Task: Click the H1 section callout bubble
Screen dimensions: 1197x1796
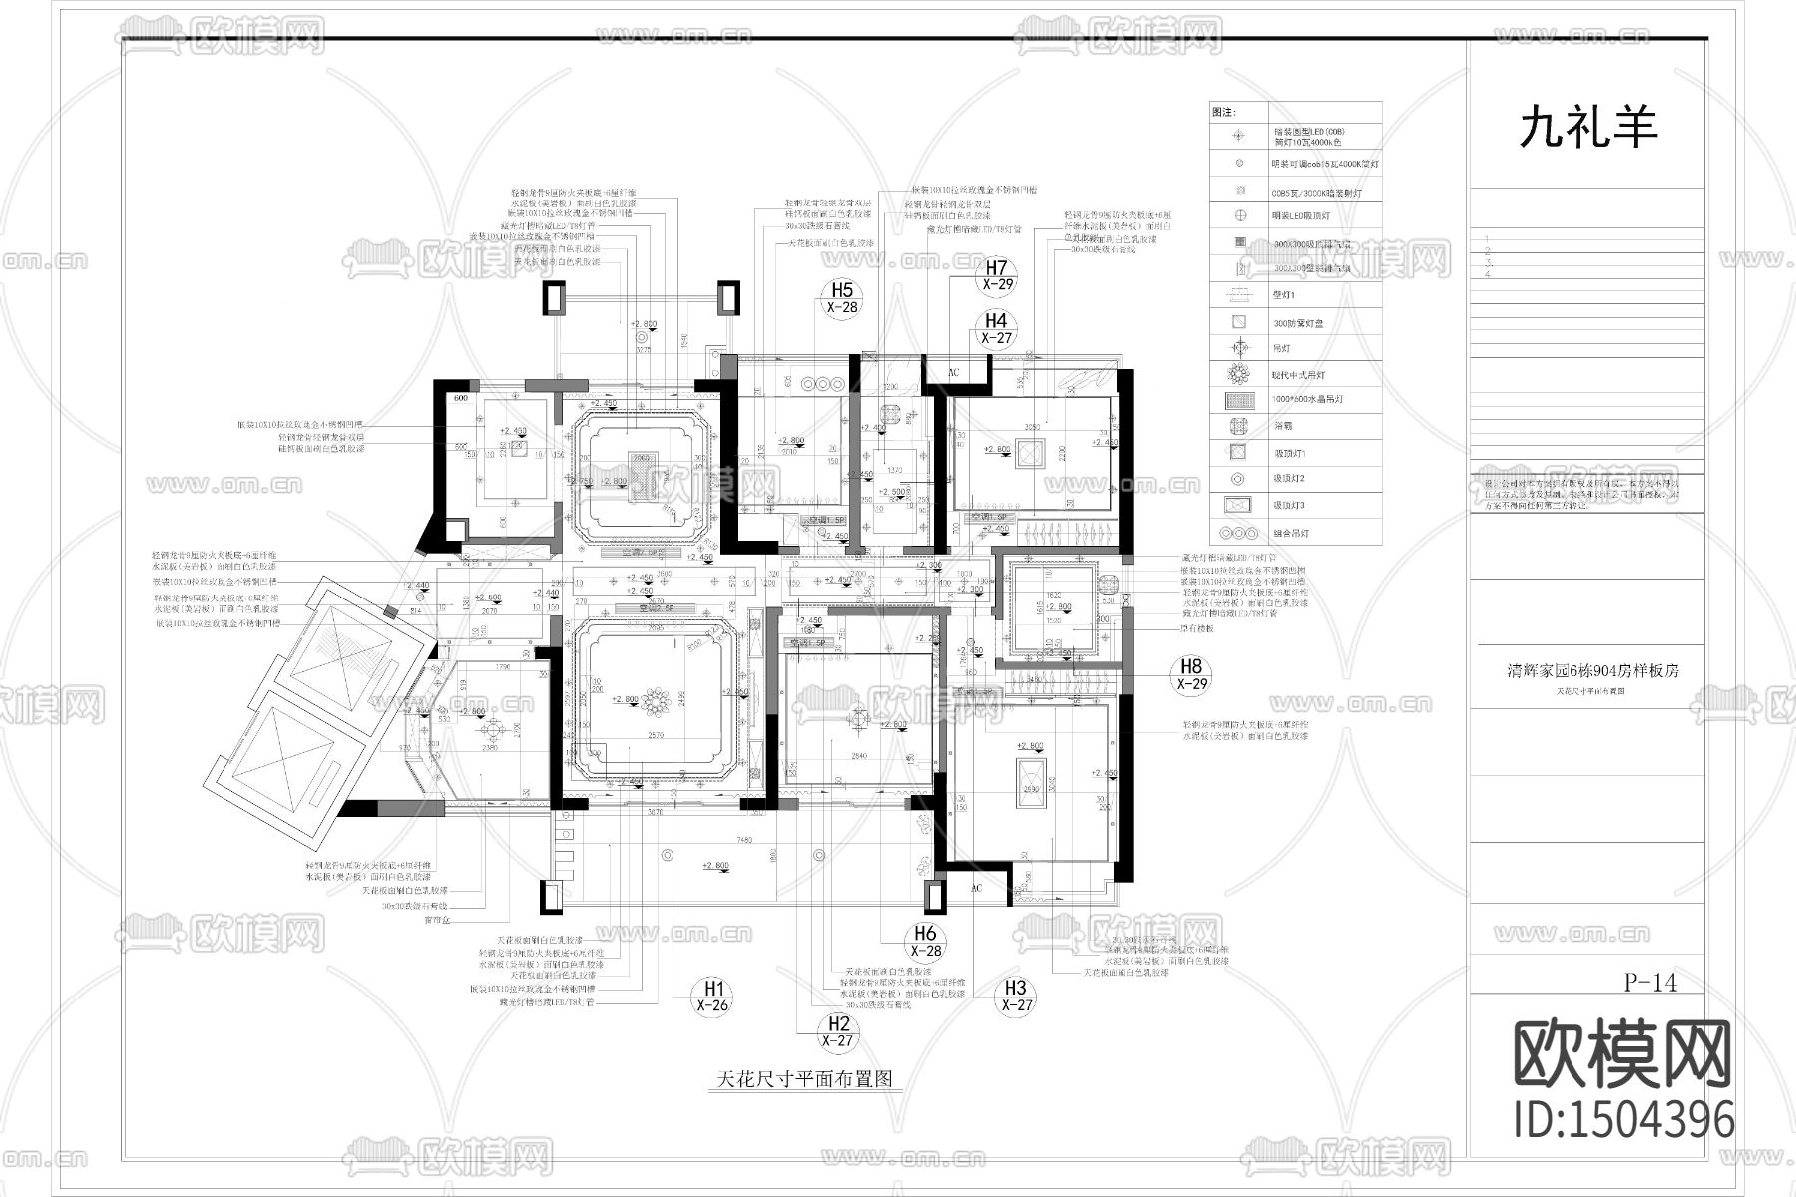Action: coord(713,996)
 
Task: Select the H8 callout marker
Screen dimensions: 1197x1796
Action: coord(1192,674)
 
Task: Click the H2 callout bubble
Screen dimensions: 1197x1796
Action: coord(839,1031)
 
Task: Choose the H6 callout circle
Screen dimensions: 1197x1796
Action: coord(926,941)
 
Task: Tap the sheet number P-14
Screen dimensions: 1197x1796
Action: coord(1651,982)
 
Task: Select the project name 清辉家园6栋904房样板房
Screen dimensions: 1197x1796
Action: coord(1592,671)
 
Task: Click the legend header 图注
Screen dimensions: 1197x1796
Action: coord(1223,113)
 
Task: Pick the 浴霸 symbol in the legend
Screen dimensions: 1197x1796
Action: coord(1239,426)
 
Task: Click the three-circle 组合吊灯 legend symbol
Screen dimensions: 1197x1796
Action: coord(1239,533)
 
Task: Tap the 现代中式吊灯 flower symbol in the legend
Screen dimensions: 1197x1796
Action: coord(1239,374)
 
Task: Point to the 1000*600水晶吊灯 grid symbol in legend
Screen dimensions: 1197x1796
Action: coord(1239,400)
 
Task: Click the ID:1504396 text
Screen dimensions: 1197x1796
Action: coord(1623,1119)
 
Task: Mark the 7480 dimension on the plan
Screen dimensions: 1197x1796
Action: coord(745,841)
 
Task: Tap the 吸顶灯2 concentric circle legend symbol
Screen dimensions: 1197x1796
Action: coord(1239,479)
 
